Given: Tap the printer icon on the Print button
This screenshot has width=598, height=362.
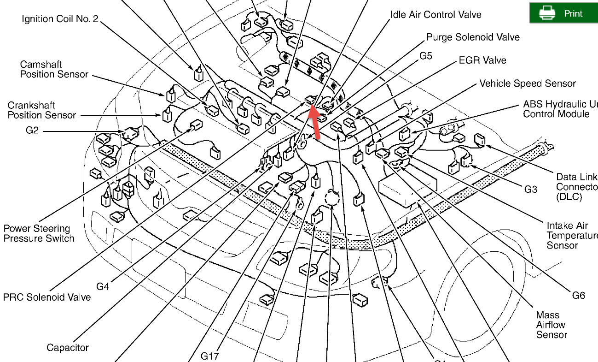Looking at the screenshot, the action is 546,13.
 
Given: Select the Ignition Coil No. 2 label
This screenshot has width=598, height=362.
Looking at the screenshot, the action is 60,19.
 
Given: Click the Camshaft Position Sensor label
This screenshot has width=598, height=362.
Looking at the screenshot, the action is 54,69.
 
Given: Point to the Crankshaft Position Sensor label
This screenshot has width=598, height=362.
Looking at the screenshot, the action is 41,110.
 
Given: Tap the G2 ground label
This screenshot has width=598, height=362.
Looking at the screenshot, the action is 32,131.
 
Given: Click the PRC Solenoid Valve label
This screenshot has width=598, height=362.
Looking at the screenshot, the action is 47,297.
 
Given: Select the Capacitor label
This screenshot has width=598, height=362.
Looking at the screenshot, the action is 68,347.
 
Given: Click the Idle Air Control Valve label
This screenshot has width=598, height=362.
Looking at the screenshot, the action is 435,14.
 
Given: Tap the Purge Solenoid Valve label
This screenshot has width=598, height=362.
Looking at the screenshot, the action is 473,37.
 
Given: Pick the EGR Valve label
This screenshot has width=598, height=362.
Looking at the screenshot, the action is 482,60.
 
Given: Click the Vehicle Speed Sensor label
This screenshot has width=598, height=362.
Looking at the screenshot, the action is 528,83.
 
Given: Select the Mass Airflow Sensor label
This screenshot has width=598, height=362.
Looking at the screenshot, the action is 551,325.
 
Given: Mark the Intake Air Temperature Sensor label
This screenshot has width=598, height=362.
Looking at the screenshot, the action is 571,235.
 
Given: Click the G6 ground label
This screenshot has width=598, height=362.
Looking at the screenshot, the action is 579,295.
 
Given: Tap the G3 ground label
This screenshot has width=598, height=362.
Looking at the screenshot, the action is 531,189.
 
